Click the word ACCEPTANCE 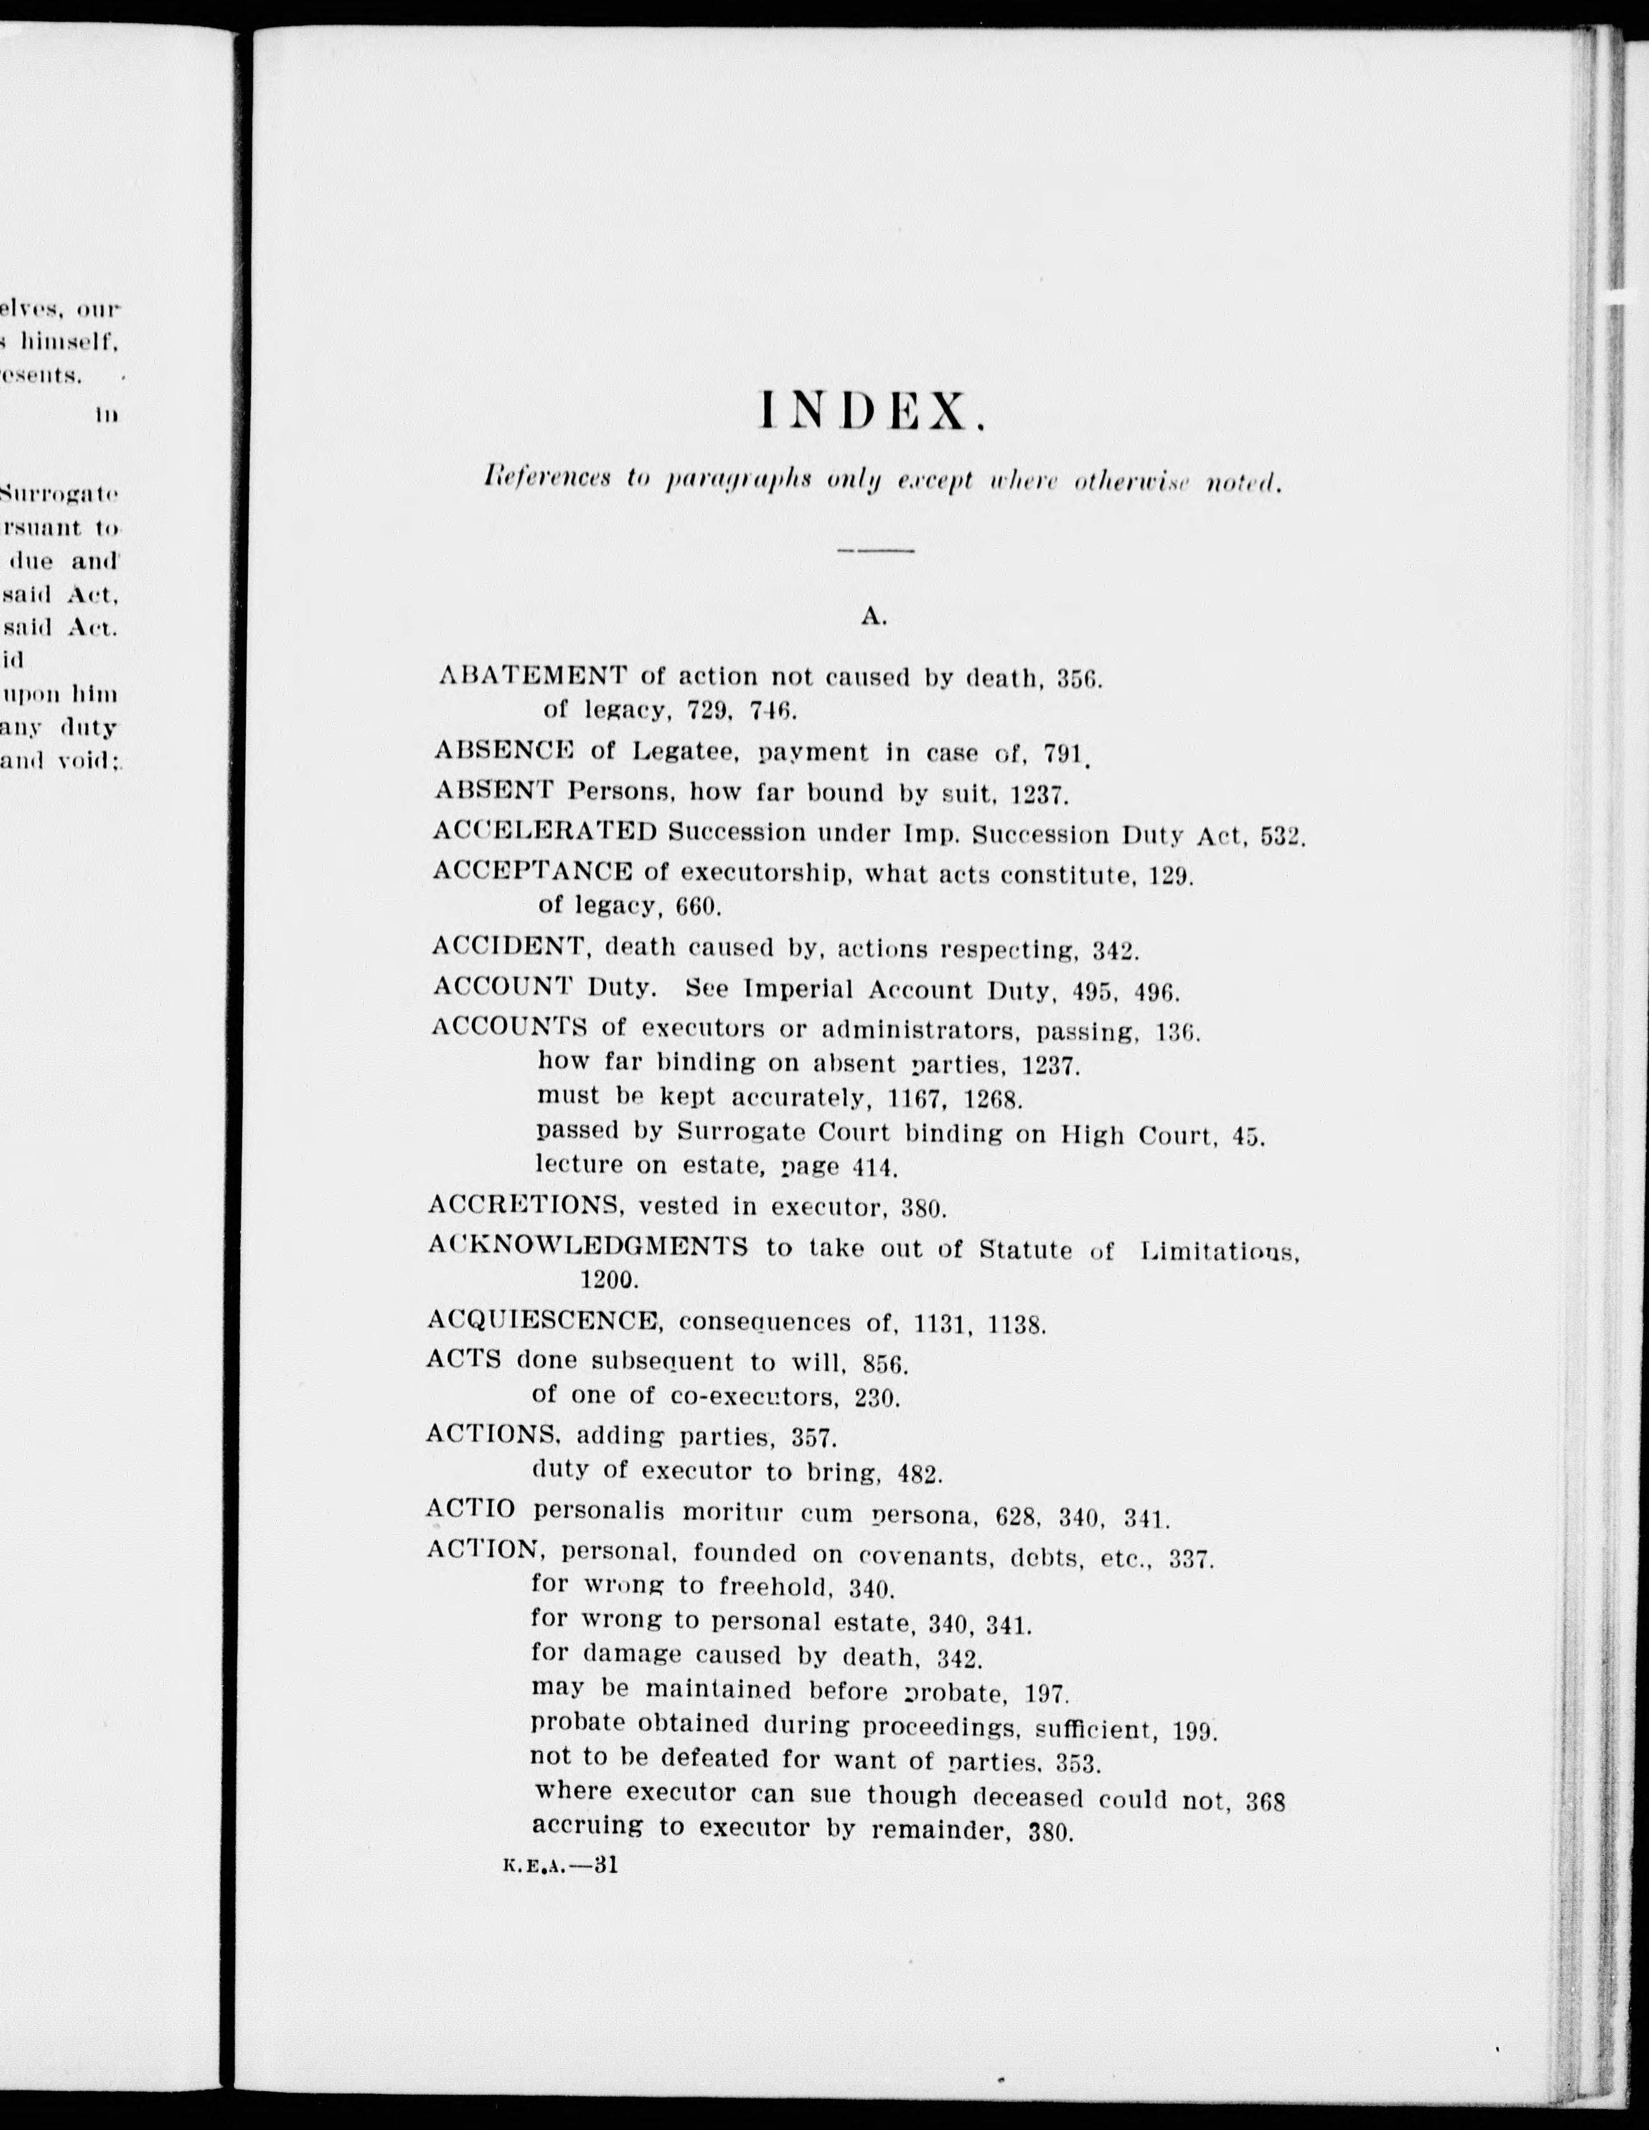click(532, 871)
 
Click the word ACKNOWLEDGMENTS click(587, 1246)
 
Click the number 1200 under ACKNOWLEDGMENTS click(609, 1279)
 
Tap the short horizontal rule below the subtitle click(874, 551)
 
